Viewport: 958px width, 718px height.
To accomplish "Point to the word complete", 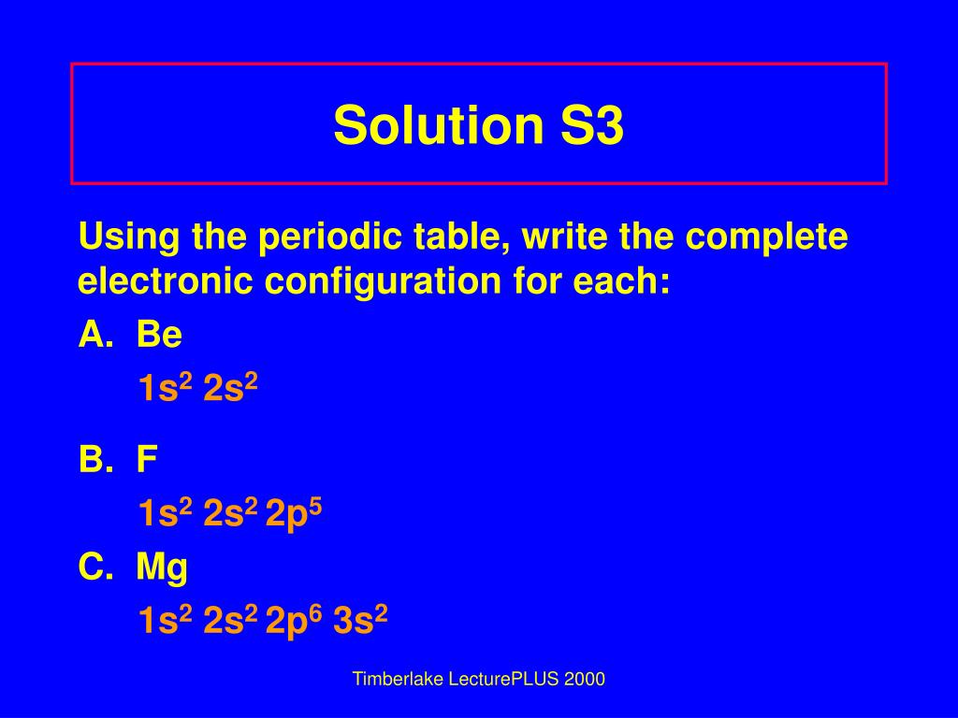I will point(768,237).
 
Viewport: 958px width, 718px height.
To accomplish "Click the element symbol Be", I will point(159,334).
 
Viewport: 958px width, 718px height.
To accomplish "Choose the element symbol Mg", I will point(162,567).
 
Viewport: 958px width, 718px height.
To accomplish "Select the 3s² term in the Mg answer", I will point(360,621).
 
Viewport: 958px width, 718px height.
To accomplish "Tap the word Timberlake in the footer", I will point(394,680).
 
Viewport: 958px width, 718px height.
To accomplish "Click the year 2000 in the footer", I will point(585,680).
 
